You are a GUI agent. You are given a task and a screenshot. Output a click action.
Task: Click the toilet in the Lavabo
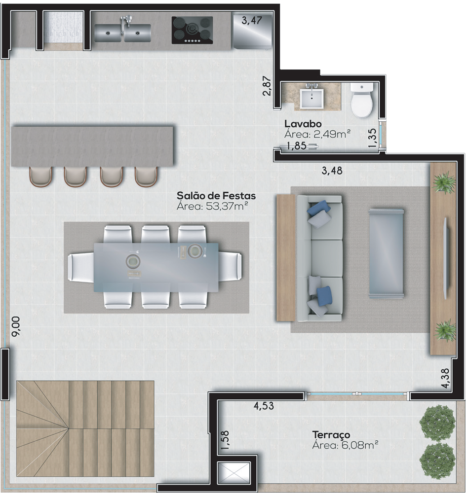tap(362, 100)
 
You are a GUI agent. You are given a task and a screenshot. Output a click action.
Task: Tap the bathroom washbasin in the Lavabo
tap(311, 98)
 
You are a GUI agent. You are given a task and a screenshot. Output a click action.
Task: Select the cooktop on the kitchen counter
tap(192, 30)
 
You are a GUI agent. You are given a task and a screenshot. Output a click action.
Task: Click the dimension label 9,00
tap(16, 326)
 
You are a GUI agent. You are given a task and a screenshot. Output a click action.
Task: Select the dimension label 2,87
tap(267, 86)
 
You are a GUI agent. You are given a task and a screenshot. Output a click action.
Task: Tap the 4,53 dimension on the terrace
tap(264, 406)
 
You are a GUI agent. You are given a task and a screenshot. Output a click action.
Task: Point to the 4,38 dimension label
tap(445, 378)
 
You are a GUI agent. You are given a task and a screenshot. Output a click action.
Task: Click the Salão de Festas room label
tap(216, 196)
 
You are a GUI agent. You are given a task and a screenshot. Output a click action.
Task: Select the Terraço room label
tap(331, 434)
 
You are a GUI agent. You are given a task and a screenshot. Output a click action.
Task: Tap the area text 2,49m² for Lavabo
tap(331, 134)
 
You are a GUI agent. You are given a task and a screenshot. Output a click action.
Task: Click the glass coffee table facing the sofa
tap(387, 253)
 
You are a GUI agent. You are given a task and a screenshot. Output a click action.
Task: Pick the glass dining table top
tap(156, 267)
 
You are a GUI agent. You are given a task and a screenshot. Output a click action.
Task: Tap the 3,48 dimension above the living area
tap(332, 171)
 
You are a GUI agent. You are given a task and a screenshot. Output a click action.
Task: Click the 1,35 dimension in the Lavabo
tap(372, 139)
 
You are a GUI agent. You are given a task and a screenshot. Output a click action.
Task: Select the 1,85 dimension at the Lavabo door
tap(296, 146)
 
